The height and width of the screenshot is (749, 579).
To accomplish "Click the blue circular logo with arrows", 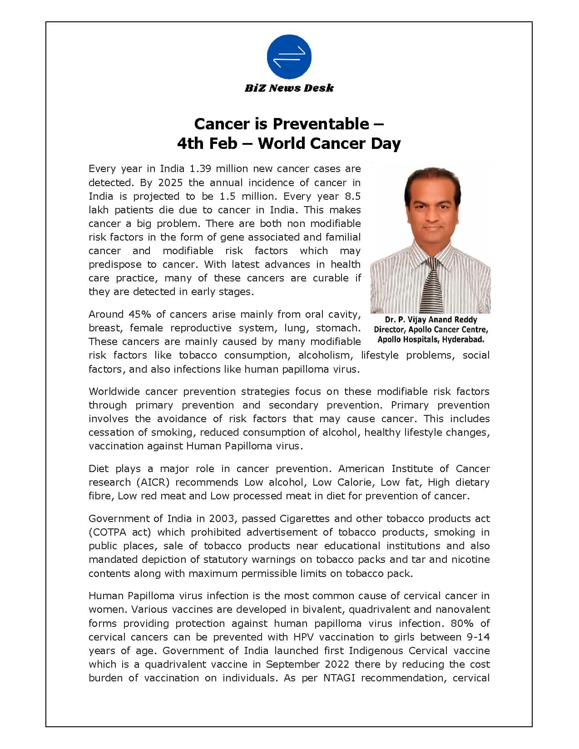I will (289, 57).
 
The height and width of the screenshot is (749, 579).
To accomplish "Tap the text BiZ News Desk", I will (289, 88).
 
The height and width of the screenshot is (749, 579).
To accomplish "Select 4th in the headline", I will (190, 143).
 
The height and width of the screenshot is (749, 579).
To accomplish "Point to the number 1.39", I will (200, 169).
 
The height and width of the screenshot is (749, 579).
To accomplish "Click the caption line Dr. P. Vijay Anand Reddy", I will (431, 320).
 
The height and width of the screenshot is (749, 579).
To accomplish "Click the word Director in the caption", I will (389, 330).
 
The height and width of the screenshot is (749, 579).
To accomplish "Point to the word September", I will (293, 664).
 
